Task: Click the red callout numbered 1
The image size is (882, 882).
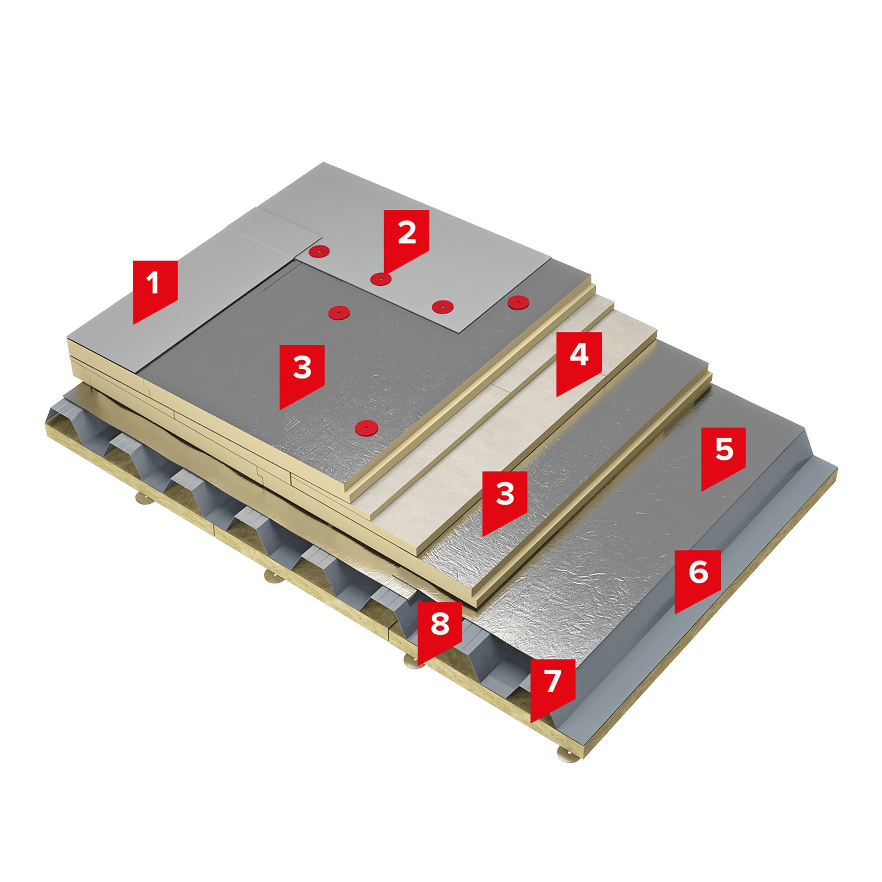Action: [x=155, y=288]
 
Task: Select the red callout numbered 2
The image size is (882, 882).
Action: [x=406, y=237]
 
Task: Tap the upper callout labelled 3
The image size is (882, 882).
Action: [x=302, y=372]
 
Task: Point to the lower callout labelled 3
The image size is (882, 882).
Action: [x=505, y=499]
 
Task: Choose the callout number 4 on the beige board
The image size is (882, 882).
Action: [x=579, y=359]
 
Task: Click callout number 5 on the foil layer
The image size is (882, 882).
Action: [x=724, y=454]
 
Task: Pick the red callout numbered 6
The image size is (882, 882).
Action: [x=698, y=576]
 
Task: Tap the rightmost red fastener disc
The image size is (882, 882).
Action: [x=518, y=302]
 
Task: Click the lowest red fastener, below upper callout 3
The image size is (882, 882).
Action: [x=366, y=427]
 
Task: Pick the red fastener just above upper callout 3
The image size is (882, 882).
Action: [x=339, y=312]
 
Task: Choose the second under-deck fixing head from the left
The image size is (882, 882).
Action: [x=274, y=576]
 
